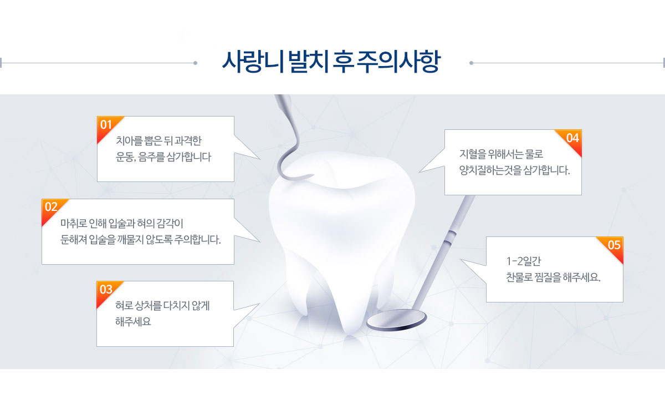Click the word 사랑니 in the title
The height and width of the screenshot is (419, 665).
(253, 62)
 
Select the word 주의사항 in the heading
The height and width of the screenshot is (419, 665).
(398, 62)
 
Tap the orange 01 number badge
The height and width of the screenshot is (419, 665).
(107, 127)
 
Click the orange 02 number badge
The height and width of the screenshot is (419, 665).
(52, 209)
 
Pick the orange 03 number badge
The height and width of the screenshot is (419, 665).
(106, 291)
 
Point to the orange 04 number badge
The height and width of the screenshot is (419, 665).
(571, 140)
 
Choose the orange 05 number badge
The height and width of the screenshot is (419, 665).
(613, 247)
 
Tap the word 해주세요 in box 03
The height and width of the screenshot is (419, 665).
(133, 321)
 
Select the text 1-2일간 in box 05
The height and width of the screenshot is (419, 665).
(523, 261)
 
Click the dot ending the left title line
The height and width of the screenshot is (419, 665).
(195, 63)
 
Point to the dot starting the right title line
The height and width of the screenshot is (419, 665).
(471, 63)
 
